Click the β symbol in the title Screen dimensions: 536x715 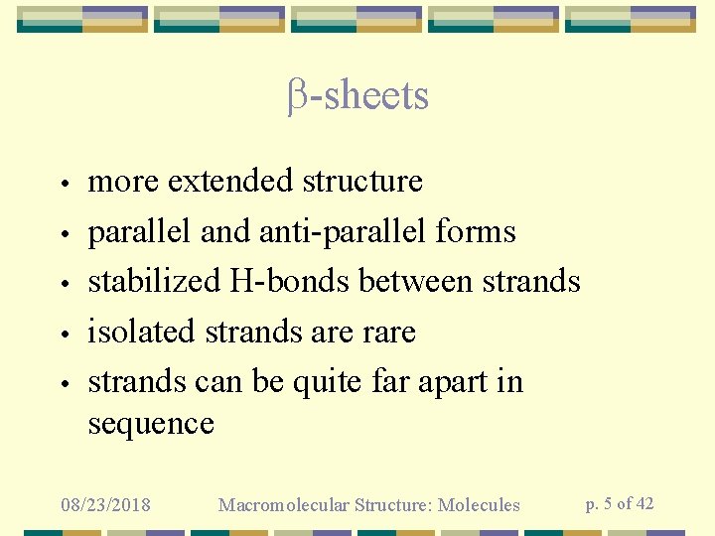(x=297, y=97)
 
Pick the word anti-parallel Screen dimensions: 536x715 (x=344, y=232)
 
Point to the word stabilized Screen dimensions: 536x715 (x=154, y=282)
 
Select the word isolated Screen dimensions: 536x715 (x=142, y=332)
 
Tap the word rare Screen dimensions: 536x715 (x=388, y=333)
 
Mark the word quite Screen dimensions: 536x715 (x=326, y=383)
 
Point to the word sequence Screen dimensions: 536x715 (x=151, y=425)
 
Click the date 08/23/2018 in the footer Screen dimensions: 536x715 (x=105, y=505)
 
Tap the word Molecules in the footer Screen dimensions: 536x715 (x=481, y=505)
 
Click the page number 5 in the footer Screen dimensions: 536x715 (x=607, y=503)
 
